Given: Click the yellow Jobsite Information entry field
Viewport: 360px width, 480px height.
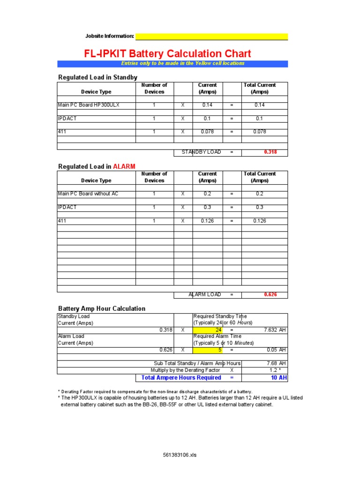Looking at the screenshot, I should point(211,37).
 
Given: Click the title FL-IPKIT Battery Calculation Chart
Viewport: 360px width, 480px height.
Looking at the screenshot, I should point(167,54).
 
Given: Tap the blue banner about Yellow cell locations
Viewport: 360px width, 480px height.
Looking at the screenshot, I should point(172,64).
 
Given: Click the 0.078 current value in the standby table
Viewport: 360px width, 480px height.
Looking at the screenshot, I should point(207,132).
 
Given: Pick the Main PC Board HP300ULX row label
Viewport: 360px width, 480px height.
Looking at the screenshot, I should point(89,105).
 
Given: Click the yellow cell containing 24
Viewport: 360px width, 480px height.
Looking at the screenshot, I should point(208,330).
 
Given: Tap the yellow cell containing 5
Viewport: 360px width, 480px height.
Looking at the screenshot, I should point(208,350).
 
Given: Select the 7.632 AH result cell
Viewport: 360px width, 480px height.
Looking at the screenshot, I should point(275,330).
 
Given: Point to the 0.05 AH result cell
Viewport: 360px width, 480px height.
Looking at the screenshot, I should point(277,350).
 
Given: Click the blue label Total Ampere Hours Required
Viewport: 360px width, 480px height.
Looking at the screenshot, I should point(181,378).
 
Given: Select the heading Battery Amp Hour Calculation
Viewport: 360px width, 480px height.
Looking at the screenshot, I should point(102,308).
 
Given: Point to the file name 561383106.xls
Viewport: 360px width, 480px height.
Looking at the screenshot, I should point(180,455).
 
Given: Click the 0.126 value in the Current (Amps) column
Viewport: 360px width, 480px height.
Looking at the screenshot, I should point(207,220).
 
